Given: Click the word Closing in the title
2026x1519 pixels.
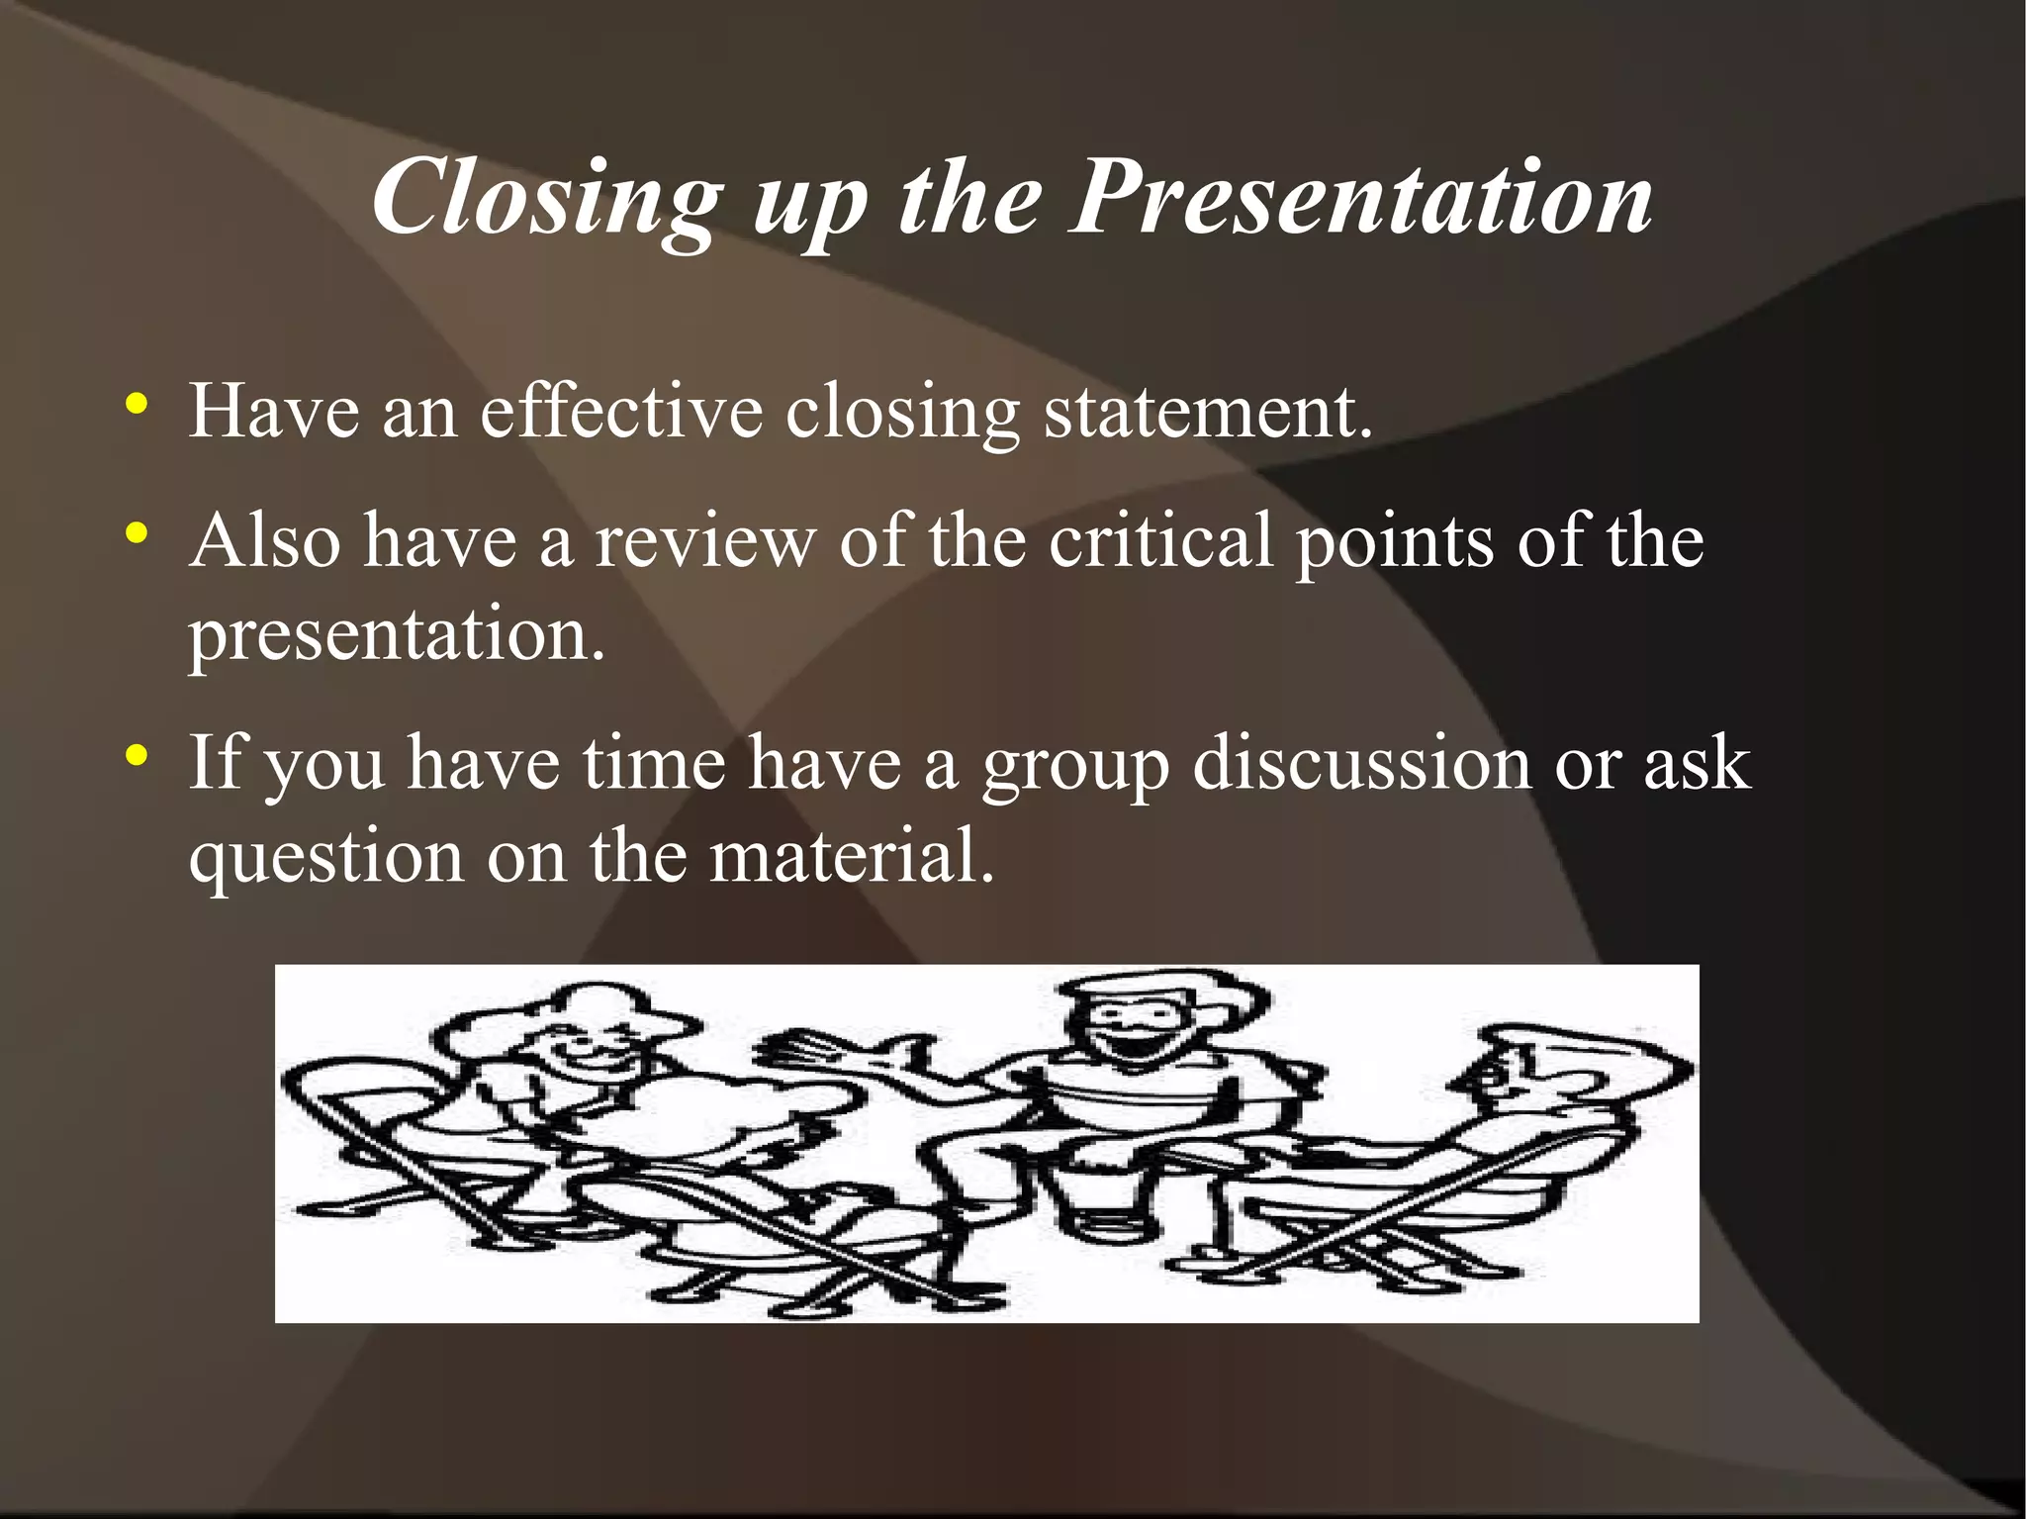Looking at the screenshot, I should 546,198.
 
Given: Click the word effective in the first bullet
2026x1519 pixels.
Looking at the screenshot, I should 621,410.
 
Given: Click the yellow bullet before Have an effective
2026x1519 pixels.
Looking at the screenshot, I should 138,404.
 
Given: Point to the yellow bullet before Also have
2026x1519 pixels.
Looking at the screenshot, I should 138,534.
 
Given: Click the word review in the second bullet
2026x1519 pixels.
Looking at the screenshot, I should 704,541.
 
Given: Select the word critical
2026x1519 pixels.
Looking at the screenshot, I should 1159,541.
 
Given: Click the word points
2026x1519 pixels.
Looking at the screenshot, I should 1395,543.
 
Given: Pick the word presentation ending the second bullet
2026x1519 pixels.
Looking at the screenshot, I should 396,635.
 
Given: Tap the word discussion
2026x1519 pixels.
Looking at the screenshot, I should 1362,763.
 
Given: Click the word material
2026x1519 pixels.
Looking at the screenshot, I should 851,855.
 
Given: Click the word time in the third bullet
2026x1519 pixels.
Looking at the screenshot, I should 653,763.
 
